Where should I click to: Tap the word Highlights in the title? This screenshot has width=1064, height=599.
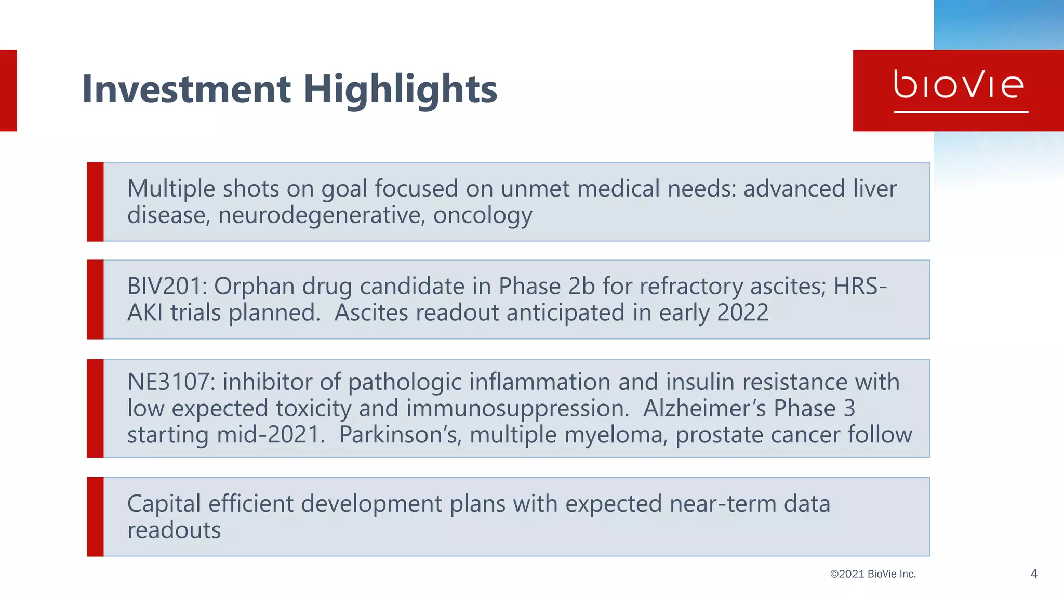pyautogui.click(x=400, y=89)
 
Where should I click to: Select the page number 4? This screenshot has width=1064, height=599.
pyautogui.click(x=1033, y=574)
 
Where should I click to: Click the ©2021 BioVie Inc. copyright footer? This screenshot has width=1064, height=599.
pyautogui.click(x=873, y=574)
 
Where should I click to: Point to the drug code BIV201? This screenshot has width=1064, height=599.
pyautogui.click(x=167, y=286)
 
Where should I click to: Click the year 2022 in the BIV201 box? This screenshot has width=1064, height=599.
pyautogui.click(x=742, y=312)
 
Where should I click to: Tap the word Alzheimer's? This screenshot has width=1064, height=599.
pyautogui.click(x=704, y=408)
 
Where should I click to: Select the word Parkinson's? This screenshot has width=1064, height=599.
pyautogui.click(x=400, y=435)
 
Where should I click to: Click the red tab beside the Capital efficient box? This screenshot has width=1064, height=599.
pyautogui.click(x=95, y=517)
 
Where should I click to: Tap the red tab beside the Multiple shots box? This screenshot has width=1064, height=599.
pyautogui.click(x=95, y=202)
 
